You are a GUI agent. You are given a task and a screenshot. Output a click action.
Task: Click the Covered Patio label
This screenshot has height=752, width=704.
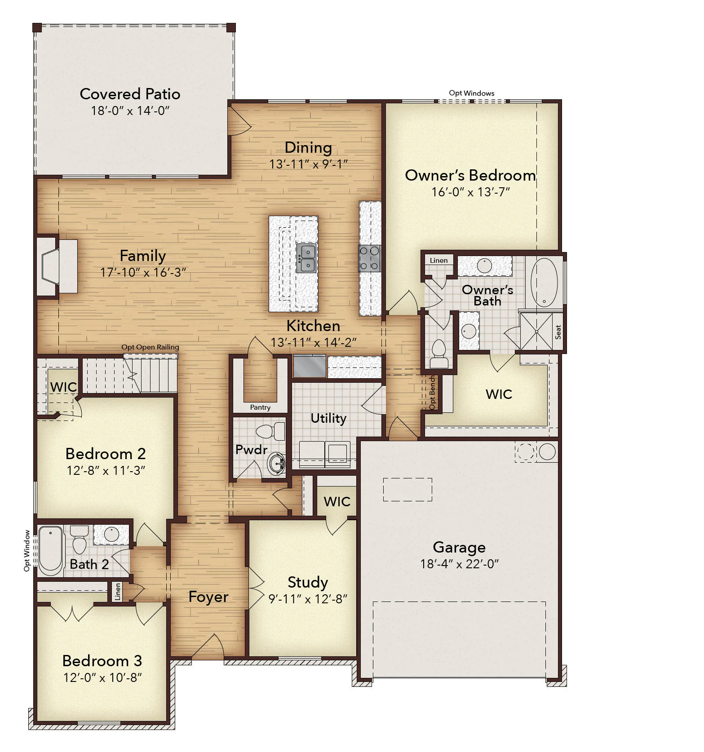[130, 94]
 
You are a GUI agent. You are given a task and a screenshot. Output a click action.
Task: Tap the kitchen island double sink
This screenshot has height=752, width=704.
[306, 258]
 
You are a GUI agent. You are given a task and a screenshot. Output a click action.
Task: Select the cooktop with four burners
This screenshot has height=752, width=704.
[369, 258]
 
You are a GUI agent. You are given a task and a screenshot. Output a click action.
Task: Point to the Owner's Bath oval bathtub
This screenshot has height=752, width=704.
[544, 282]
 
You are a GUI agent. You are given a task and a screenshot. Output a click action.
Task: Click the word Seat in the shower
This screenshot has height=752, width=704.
[558, 332]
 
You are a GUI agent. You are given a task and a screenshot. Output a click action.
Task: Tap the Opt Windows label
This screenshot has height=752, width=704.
[472, 93]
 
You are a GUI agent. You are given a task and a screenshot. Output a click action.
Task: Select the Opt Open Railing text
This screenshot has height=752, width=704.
[150, 347]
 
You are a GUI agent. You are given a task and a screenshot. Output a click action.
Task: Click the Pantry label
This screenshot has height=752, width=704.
[260, 407]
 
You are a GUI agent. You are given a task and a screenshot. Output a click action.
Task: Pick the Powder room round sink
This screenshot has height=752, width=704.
[276, 463]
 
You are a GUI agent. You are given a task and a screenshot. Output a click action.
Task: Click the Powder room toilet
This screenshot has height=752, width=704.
[270, 432]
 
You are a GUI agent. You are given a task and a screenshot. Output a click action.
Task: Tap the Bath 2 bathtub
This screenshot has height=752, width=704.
[50, 551]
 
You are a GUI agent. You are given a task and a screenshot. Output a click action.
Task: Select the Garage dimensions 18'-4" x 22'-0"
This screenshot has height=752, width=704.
[459, 564]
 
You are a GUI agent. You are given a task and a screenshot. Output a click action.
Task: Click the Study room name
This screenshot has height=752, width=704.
[308, 582]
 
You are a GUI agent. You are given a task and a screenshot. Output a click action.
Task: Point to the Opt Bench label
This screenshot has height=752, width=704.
[432, 393]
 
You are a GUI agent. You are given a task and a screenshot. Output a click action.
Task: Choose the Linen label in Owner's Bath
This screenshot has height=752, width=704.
[438, 260]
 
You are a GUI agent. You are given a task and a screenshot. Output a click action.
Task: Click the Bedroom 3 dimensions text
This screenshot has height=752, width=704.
[102, 677]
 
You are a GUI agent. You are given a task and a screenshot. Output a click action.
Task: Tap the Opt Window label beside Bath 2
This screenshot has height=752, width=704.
[27, 551]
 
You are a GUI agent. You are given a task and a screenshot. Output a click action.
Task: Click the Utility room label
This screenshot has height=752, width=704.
[328, 418]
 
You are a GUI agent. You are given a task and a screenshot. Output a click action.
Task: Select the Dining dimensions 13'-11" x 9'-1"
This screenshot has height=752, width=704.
[308, 164]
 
